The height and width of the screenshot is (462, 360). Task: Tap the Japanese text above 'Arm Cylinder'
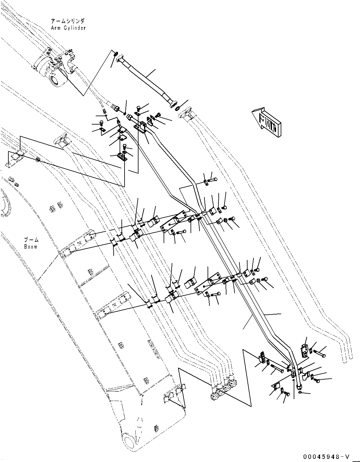click(x=68, y=21)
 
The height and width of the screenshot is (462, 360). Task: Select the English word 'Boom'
click(x=31, y=247)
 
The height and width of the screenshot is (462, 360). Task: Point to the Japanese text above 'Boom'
click(x=31, y=240)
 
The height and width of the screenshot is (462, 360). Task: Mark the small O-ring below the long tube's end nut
click(x=300, y=392)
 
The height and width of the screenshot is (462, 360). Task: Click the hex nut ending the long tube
click(x=299, y=386)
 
